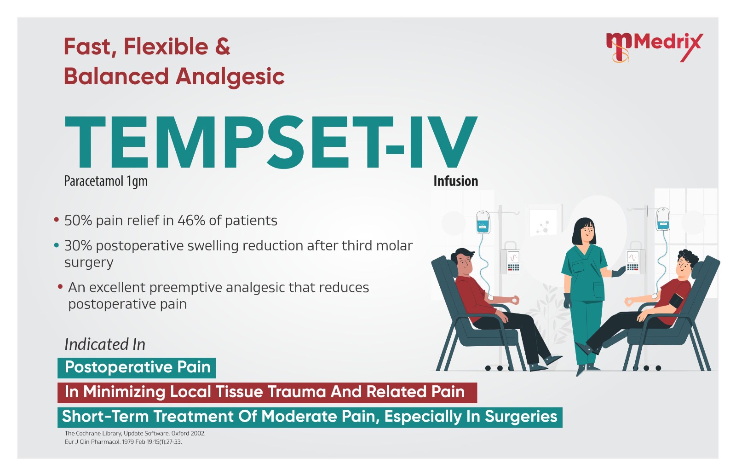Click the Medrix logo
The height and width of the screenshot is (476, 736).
654,47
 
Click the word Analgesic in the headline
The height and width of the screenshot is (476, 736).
230,77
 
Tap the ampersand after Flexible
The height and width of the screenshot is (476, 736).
223,46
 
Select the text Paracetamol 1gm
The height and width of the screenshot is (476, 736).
106,181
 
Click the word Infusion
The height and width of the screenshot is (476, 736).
456,181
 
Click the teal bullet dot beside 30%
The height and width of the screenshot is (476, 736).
57,245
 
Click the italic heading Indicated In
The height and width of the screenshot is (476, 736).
105,344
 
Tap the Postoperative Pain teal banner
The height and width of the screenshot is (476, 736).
137,368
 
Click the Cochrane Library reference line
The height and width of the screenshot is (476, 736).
135,434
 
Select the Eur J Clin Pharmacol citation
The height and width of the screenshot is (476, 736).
123,442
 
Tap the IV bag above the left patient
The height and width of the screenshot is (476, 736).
483,222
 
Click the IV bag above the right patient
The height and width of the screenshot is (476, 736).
663,219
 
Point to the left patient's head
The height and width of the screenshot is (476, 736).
463,261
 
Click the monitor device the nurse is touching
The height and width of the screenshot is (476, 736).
633,262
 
